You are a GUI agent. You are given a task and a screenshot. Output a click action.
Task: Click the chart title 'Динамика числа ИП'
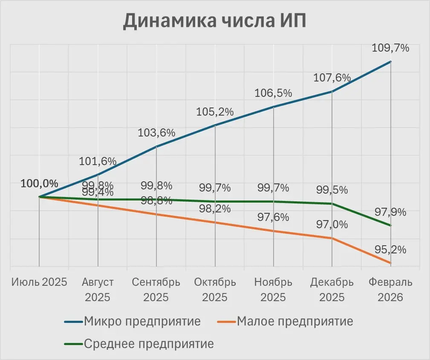(x=214, y=21)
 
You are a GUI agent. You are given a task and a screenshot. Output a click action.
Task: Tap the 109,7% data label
(x=391, y=48)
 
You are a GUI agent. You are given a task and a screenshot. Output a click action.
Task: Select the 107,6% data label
(x=332, y=78)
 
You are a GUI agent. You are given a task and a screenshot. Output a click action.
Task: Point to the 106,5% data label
(x=273, y=93)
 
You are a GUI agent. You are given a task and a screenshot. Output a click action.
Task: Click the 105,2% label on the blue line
(x=215, y=112)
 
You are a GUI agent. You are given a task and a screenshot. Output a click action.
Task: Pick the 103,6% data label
(x=156, y=133)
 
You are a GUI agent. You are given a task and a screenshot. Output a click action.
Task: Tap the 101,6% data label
(x=98, y=161)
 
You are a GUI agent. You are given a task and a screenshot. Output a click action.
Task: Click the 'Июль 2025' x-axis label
(x=39, y=282)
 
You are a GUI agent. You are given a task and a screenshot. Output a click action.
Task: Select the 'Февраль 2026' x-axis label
(x=390, y=290)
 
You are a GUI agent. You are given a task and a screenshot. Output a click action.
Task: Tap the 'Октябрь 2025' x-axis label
(x=215, y=290)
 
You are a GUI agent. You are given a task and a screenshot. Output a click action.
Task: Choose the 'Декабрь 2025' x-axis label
(x=332, y=290)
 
